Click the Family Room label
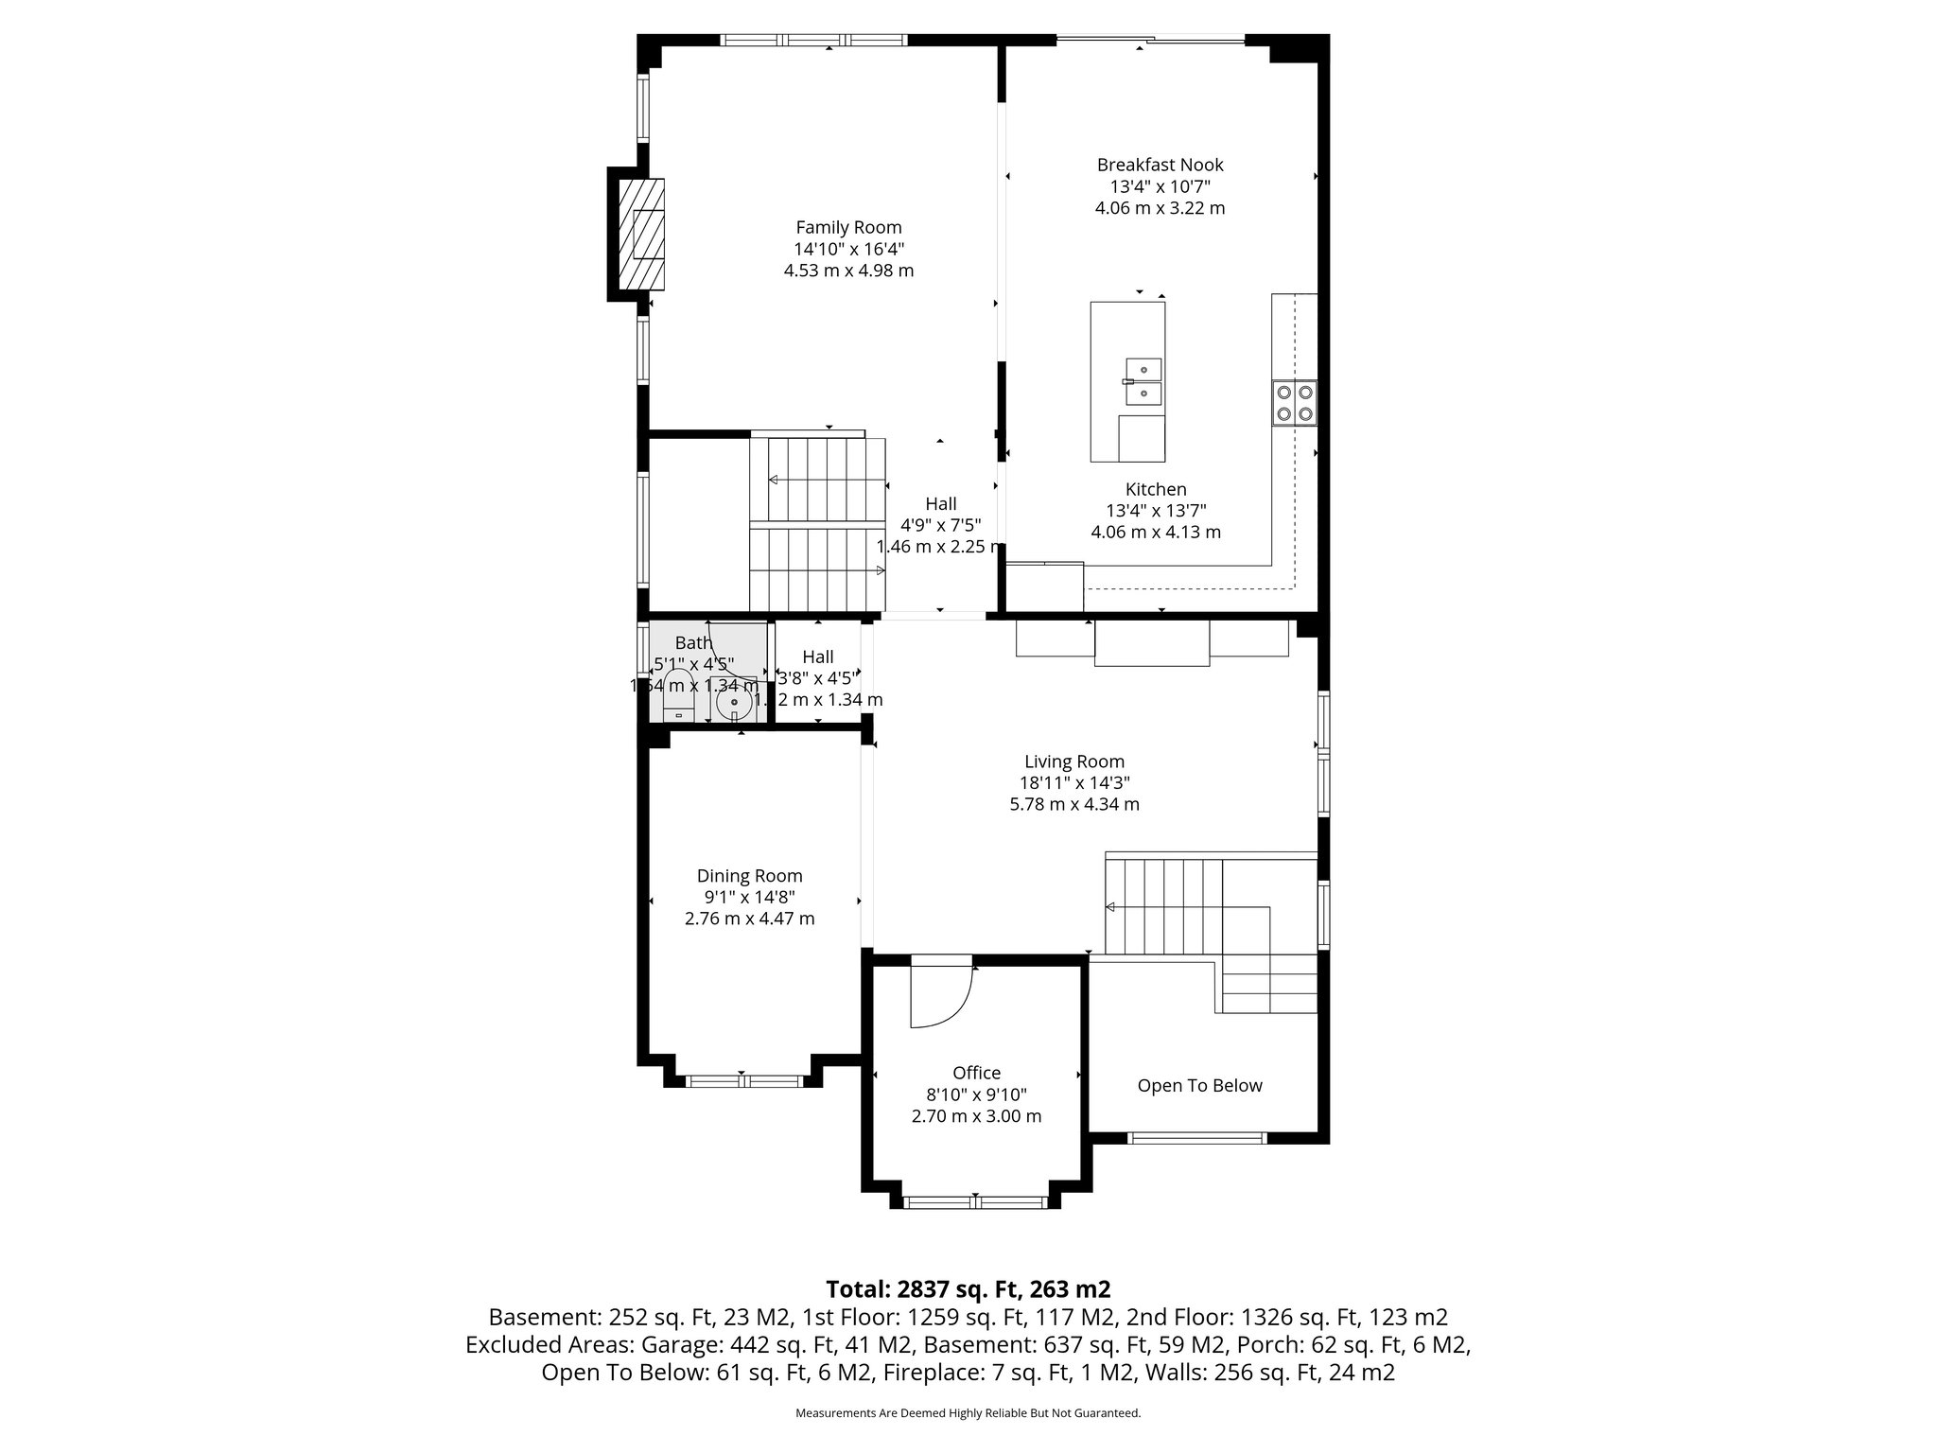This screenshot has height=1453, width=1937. tap(848, 227)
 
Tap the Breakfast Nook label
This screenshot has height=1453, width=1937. tap(1160, 165)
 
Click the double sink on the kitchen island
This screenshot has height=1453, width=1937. tap(1143, 381)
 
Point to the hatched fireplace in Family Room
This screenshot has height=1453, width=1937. tap(641, 236)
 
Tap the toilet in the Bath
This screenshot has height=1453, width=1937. tap(678, 694)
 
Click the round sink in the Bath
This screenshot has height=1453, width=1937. tap(733, 704)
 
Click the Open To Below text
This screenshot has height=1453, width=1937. tap(1199, 1086)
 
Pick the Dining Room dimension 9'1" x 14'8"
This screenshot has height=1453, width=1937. tap(749, 897)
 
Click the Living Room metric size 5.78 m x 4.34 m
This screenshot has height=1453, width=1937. tap(1074, 805)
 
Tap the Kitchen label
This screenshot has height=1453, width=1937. tap(1156, 489)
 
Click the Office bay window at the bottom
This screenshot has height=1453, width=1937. tap(976, 1203)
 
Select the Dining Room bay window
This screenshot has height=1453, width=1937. tap(744, 1080)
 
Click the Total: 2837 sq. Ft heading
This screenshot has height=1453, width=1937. tap(968, 1289)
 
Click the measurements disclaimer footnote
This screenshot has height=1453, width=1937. tap(968, 1413)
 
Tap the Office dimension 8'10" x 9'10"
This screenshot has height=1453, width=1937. tap(976, 1094)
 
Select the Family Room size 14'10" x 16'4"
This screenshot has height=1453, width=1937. tap(848, 249)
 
